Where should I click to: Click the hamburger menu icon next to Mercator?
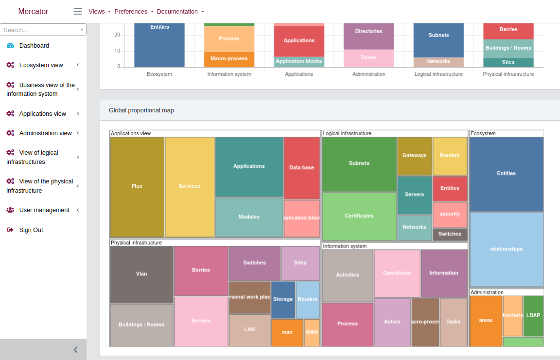tap(78, 11)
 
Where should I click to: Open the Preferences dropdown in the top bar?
tap(134, 11)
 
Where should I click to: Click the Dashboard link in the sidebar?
tap(34, 46)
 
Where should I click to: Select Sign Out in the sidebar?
tap(31, 230)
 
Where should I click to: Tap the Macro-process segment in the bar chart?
tap(229, 59)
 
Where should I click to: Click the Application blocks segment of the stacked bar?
tap(299, 61)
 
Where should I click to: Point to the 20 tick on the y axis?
tap(117, 35)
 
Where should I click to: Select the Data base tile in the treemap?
tap(301, 168)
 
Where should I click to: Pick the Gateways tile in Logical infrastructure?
tap(414, 156)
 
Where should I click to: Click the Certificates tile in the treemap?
tap(359, 216)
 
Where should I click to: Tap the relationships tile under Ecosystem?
tap(506, 249)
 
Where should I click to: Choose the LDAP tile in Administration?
tap(533, 315)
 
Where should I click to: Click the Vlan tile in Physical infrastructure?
tap(141, 274)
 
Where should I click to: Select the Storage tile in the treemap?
tap(282, 300)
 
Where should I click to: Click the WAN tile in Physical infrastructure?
tap(312, 332)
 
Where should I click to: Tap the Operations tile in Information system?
tap(397, 273)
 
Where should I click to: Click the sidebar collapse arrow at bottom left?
tap(75, 349)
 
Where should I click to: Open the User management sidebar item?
tap(44, 210)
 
